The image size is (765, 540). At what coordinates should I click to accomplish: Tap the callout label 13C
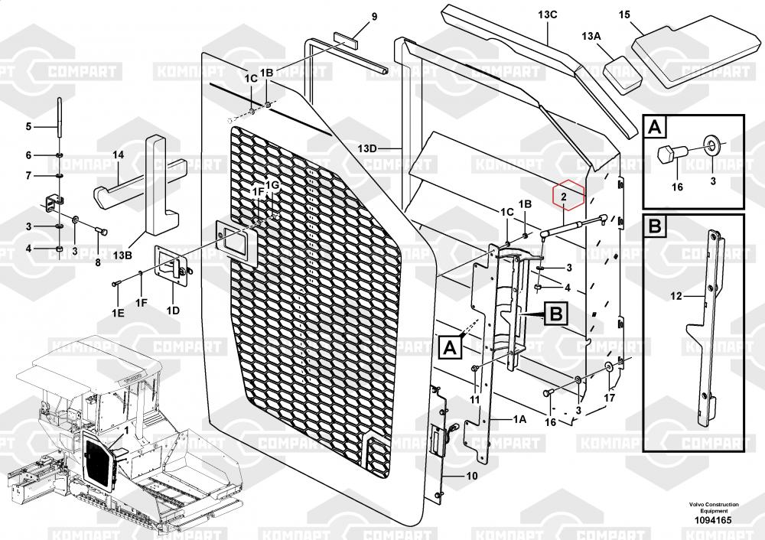click(x=548, y=15)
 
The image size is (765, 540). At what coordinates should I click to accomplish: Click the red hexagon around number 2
click(x=568, y=197)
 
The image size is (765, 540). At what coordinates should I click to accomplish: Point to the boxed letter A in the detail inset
click(x=655, y=127)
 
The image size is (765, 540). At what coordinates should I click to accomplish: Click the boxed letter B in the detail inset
click(x=655, y=227)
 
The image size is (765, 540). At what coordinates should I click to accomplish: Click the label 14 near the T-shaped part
click(x=118, y=155)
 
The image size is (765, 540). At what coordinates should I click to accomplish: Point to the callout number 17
click(x=610, y=398)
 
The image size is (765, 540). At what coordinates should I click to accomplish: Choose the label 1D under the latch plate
click(x=173, y=310)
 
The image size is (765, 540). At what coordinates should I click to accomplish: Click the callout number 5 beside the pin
click(x=28, y=126)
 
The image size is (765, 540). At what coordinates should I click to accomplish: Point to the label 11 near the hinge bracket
click(x=474, y=399)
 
